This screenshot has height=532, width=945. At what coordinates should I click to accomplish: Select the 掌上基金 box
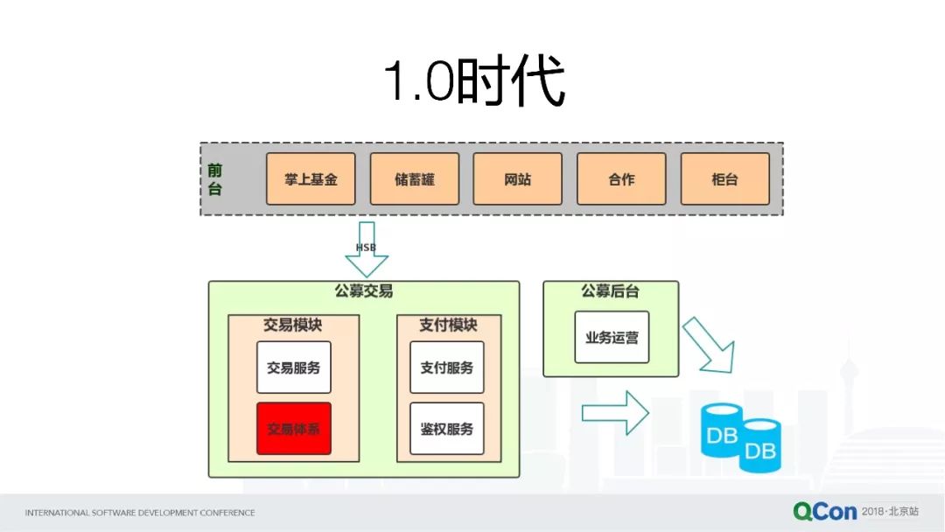coord(311,179)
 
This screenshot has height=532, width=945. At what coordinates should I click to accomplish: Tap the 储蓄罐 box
coord(414,179)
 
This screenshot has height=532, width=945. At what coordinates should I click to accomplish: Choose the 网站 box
coord(517,179)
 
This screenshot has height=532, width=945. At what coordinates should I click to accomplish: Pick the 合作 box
coord(620,179)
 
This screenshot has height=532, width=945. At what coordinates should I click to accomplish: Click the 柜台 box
coord(724,179)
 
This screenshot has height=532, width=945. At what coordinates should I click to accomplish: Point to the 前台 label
coord(215,178)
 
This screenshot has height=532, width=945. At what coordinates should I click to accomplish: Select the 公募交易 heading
coord(363,291)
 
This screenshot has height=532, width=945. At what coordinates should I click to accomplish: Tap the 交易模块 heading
coord(293,325)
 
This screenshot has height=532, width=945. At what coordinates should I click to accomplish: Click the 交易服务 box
coord(293,367)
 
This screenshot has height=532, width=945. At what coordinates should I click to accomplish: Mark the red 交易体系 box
coord(293,429)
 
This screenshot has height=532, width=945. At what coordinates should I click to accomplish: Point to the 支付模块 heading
coord(448,325)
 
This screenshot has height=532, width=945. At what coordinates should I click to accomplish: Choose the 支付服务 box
coord(446,367)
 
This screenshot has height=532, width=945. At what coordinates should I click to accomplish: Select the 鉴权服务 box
coord(446,429)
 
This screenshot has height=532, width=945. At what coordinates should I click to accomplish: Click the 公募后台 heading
coord(610,291)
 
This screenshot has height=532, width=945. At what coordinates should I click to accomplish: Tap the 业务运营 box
coord(612,337)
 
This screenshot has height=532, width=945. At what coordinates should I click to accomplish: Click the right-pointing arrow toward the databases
coord(614,413)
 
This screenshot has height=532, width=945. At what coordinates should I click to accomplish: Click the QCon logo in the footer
coord(825,511)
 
